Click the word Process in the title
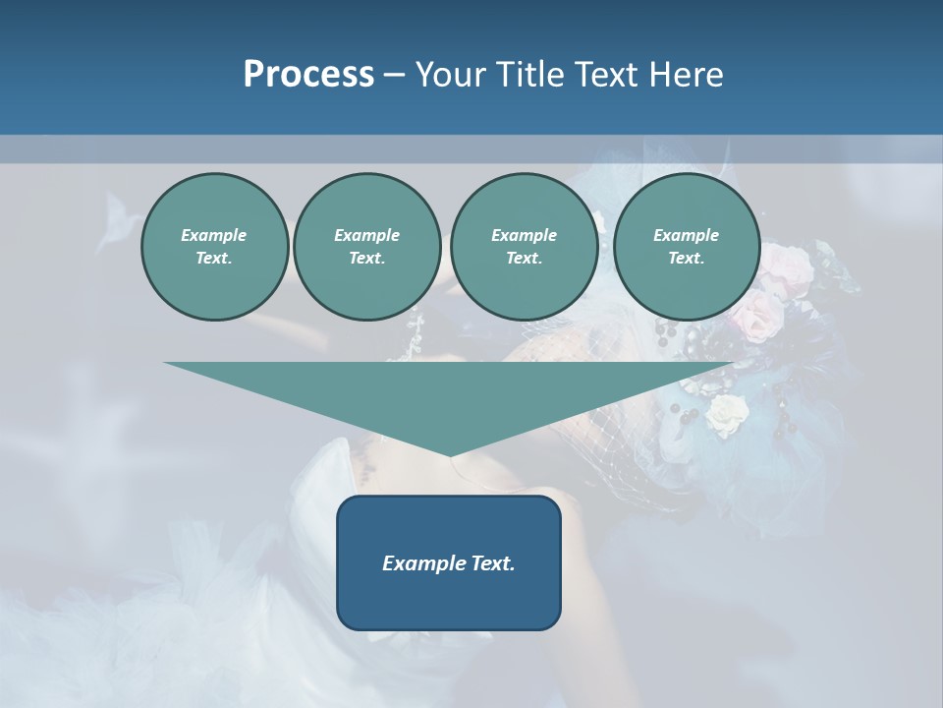(308, 75)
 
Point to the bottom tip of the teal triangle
(450, 455)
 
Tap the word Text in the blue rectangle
(494, 563)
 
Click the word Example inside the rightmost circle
(686, 235)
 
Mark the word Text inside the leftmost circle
(213, 258)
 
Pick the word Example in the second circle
(366, 235)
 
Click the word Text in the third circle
(524, 258)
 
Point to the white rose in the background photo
(726, 415)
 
